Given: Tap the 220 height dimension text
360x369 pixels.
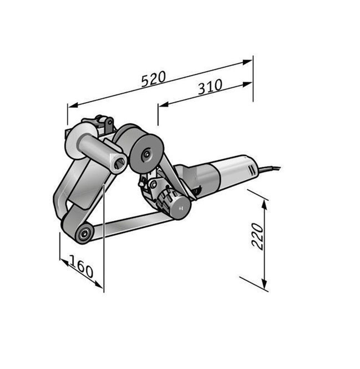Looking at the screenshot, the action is pyautogui.click(x=257, y=236).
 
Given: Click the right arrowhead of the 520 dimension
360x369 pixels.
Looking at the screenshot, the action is pyautogui.click(x=247, y=62).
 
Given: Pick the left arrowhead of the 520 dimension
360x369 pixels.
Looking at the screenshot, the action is pyautogui.click(x=73, y=106).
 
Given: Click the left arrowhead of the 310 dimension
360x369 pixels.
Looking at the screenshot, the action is pyautogui.click(x=163, y=105).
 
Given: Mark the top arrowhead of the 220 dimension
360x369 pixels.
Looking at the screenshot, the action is pyautogui.click(x=265, y=205).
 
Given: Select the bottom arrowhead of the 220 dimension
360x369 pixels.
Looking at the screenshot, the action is pyautogui.click(x=265, y=284).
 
